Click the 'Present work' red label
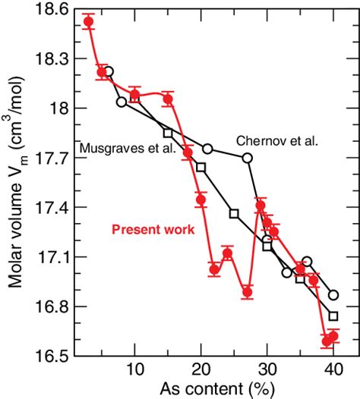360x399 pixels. pos(153,228)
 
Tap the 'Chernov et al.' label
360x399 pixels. pos(276,140)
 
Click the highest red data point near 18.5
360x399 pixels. pos(89,21)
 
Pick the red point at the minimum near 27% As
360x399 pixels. pos(247,292)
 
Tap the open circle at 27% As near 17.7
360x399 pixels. pos(248,158)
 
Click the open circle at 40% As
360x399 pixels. pos(333,295)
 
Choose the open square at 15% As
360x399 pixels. pos(168,133)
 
